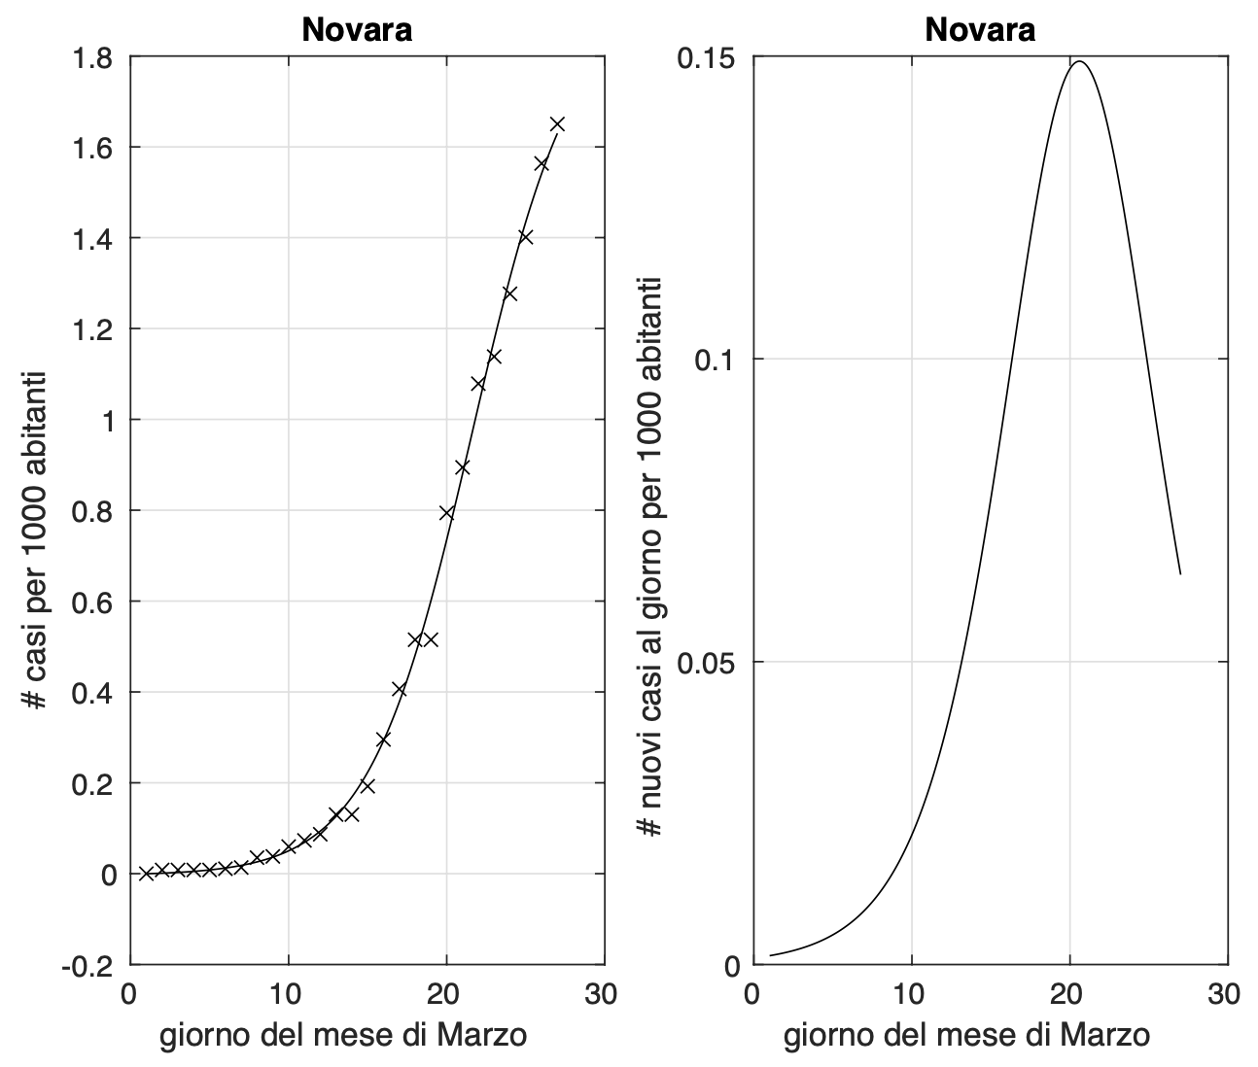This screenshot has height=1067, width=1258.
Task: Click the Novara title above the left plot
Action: [357, 30]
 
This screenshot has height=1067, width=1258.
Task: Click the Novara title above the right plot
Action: [980, 30]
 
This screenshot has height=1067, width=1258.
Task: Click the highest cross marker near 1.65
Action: [557, 124]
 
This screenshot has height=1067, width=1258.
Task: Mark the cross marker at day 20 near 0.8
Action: [446, 513]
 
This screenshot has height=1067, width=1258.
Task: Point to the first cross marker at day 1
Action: [146, 874]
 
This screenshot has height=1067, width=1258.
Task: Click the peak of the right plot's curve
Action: [1079, 62]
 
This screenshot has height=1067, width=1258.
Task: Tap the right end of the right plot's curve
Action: [1180, 573]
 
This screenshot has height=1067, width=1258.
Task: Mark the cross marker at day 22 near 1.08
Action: [478, 384]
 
